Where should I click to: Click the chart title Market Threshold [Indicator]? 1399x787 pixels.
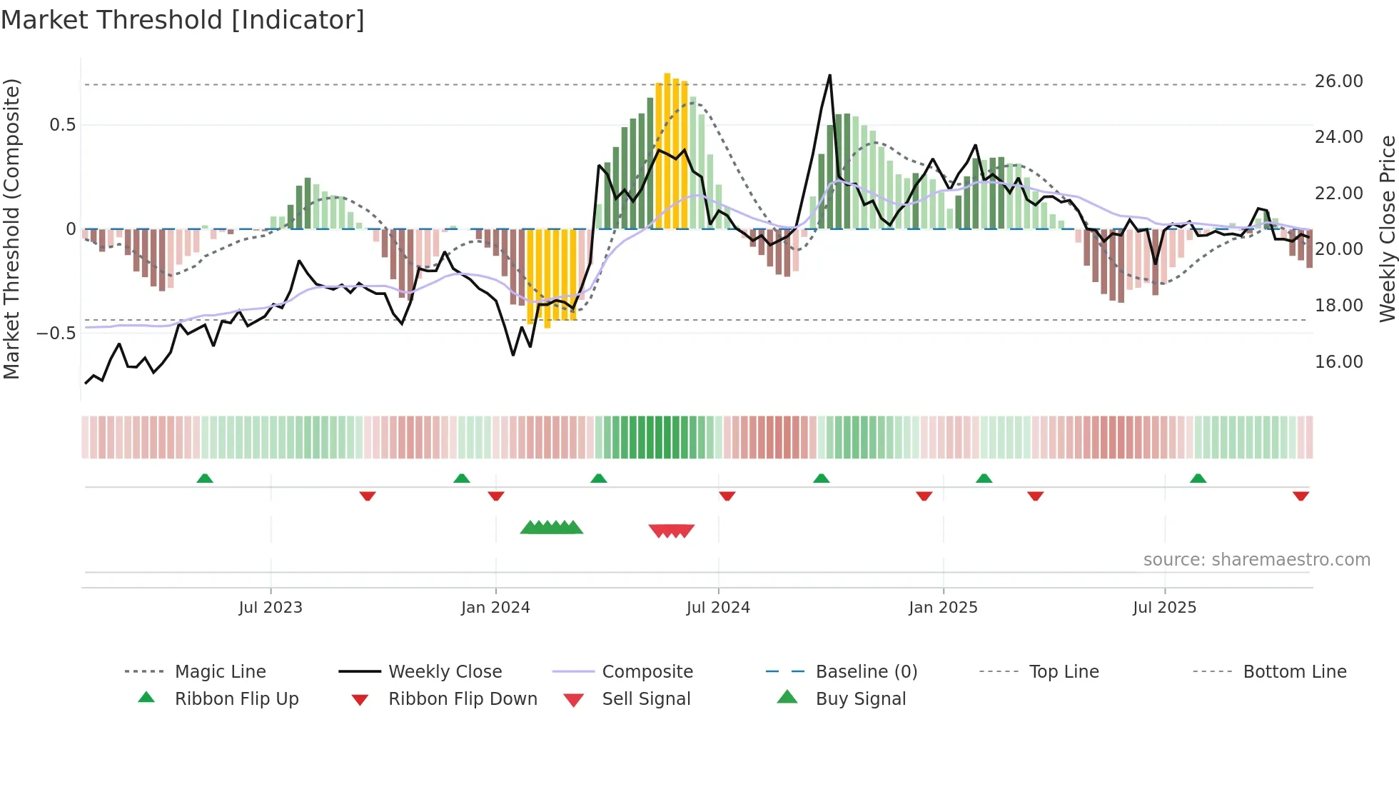(183, 20)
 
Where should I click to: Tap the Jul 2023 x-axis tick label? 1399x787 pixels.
(271, 608)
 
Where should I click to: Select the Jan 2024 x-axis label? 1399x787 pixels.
(495, 608)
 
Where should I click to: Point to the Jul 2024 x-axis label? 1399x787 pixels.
(718, 608)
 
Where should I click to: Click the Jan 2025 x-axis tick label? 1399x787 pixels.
(943, 608)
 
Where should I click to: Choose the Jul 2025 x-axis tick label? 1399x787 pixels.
(1164, 608)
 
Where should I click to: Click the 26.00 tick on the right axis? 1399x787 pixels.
(1338, 81)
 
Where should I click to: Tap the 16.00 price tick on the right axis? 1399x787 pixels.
(1338, 362)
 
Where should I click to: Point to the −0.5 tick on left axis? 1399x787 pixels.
(56, 334)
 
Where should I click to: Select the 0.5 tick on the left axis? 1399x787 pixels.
(62, 125)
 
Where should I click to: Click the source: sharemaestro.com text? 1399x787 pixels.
(1256, 560)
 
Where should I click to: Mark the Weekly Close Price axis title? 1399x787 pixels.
(1387, 229)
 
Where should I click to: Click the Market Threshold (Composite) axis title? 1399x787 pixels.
(11, 229)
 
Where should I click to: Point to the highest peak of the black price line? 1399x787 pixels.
(829, 76)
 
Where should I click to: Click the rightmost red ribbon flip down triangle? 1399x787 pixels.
(1300, 496)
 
